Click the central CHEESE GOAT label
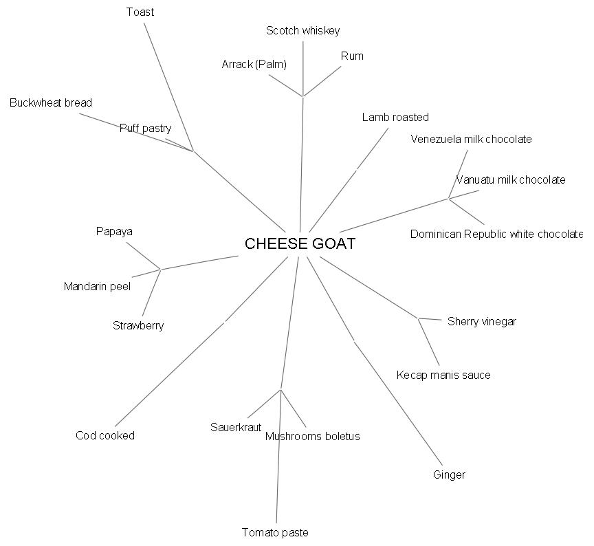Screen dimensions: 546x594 coord(300,244)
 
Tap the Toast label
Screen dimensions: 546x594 coord(140,12)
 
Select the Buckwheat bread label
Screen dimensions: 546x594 coord(51,102)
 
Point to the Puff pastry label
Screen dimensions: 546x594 coord(145,128)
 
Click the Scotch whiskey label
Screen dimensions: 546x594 coord(302,30)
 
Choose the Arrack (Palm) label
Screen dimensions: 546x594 coord(254,64)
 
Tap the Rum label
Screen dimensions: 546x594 coord(352,56)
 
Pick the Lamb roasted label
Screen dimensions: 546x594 coord(395,117)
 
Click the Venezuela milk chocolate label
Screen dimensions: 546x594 coord(471,139)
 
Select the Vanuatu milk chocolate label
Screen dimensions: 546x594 coord(511,179)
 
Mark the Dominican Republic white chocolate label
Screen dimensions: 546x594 coord(496,234)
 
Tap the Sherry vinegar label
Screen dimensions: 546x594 coord(481,321)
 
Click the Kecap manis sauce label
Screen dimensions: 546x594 coord(443,375)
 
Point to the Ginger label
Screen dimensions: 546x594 coord(449,474)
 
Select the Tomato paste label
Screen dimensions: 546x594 coord(275,532)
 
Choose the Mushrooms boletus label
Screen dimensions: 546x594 coord(312,436)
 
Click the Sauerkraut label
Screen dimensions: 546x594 coord(236,427)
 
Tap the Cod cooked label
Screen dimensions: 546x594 coord(105,435)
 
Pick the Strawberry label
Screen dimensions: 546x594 coord(138,325)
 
